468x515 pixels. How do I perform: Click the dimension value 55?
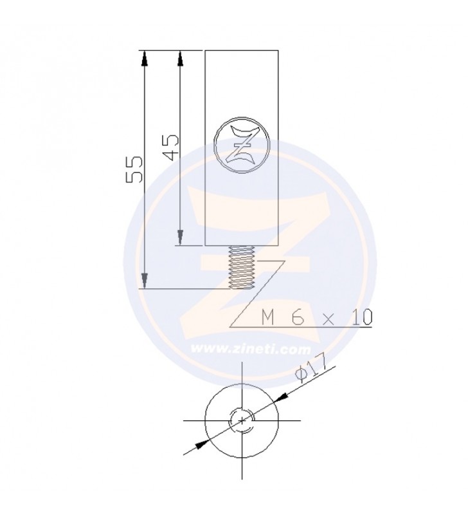pos(135,169)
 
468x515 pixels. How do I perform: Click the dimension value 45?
pos(171,147)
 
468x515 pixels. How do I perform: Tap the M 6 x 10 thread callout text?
pos(317,317)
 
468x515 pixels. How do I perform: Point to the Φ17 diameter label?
pos(311,368)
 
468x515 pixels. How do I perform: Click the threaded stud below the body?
pos(241,267)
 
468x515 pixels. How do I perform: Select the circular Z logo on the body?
pos(242,144)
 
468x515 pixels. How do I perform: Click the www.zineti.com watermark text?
pos(251,349)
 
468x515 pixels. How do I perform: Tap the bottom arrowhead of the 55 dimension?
pos(144,281)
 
